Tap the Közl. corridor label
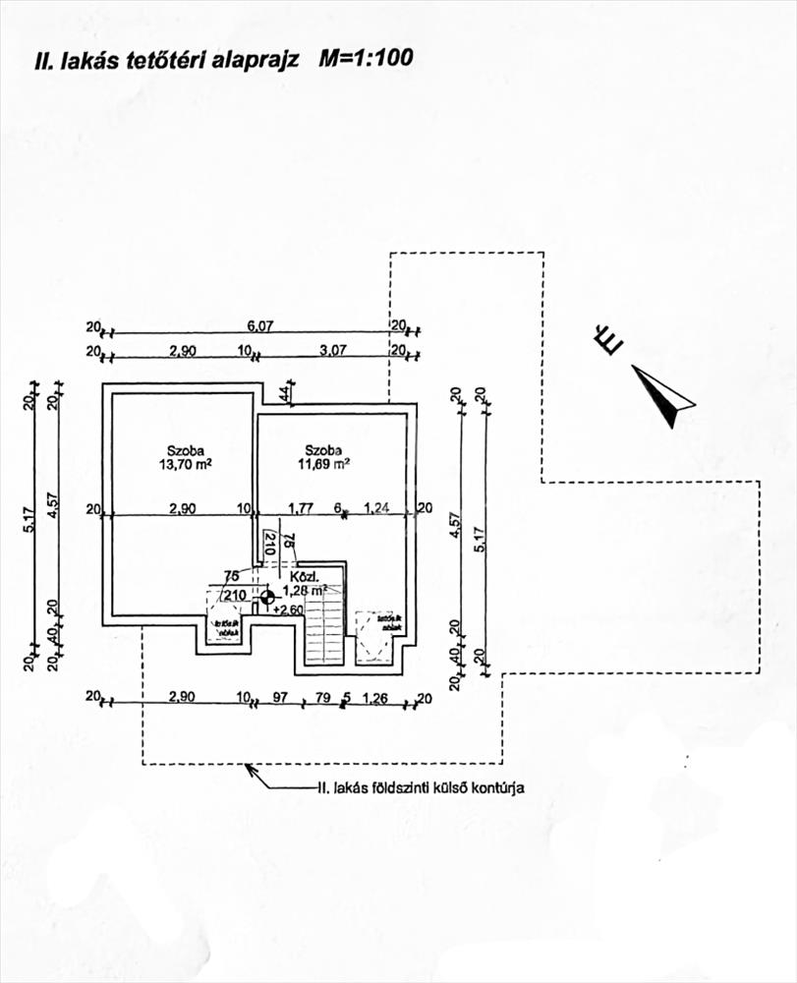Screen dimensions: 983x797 click(x=300, y=576)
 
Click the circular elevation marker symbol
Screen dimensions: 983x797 click(x=267, y=595)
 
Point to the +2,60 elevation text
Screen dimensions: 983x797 click(x=290, y=609)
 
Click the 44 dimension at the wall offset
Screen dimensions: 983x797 click(x=284, y=393)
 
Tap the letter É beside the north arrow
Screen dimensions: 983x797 click(x=609, y=341)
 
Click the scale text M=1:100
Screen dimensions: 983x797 click(x=366, y=58)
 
